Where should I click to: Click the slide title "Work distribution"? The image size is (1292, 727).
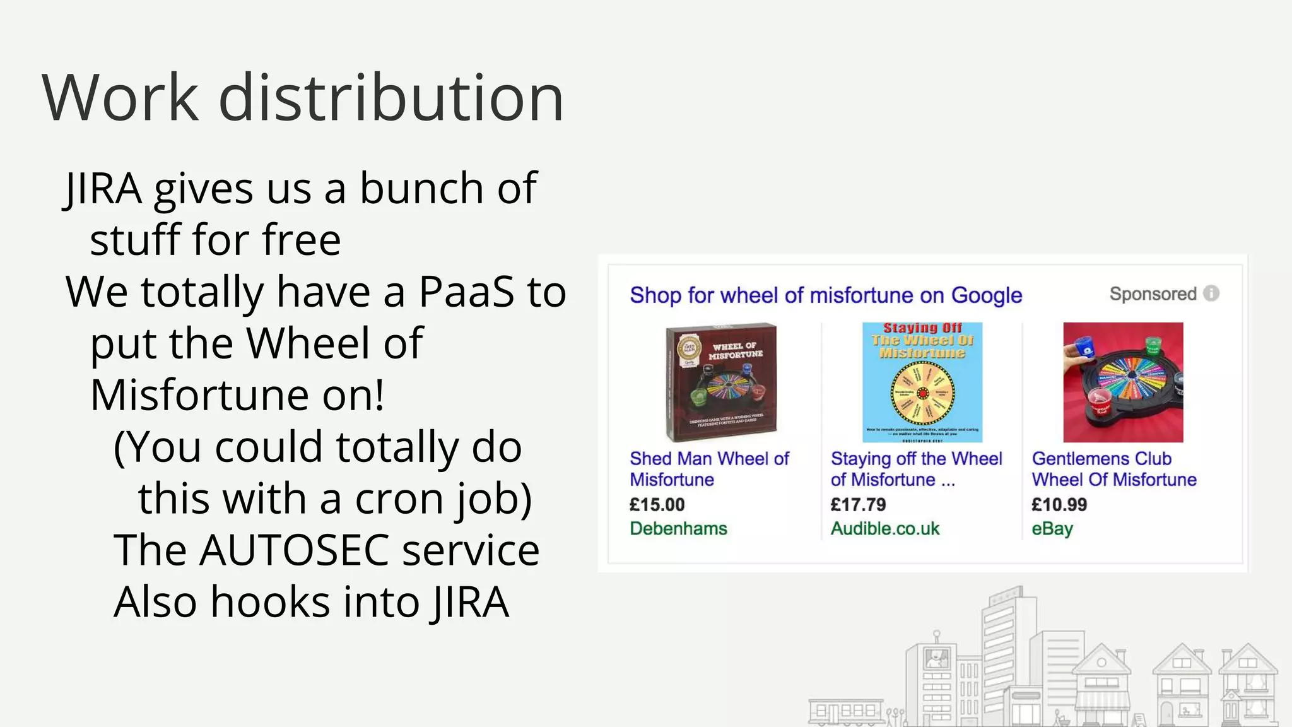click(x=303, y=98)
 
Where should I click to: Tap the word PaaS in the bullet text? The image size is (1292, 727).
click(x=466, y=292)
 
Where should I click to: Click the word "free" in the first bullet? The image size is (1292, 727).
click(x=302, y=240)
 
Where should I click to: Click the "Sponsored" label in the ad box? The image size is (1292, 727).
click(x=1153, y=294)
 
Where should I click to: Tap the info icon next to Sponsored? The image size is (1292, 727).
click(x=1211, y=293)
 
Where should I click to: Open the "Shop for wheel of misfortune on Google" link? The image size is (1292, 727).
click(x=826, y=295)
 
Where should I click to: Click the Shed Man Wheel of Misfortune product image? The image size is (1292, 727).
click(x=722, y=382)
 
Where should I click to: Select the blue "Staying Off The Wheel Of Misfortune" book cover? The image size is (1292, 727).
click(x=922, y=382)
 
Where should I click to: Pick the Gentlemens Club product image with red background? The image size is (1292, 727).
click(x=1123, y=382)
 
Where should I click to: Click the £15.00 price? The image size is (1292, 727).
click(x=657, y=505)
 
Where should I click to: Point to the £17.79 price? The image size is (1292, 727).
click(x=858, y=505)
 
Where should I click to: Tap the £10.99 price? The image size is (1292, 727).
click(x=1059, y=505)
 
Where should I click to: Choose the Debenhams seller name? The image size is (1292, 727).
click(x=678, y=529)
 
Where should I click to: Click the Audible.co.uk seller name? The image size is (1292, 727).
click(x=884, y=529)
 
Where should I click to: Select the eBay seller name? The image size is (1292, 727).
click(x=1052, y=529)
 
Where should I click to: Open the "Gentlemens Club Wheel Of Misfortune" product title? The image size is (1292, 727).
click(x=1113, y=470)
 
